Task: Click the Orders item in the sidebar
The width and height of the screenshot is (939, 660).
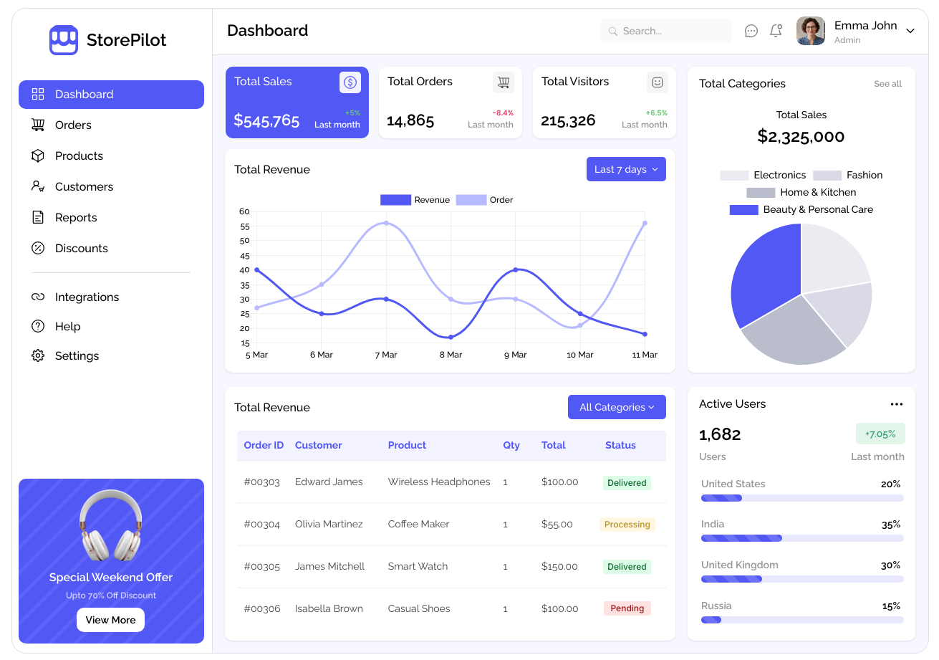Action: point(73,125)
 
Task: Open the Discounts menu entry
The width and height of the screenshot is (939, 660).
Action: point(82,248)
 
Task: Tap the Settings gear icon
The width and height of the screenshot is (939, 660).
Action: point(38,355)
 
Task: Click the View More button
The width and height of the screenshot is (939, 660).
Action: point(111,620)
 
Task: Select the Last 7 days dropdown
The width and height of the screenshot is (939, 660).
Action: point(626,169)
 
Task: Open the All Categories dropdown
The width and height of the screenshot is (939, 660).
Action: point(617,407)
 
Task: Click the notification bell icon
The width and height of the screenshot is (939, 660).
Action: point(776,31)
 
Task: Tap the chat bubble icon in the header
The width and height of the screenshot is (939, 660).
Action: point(751,31)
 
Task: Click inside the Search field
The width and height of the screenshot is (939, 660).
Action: point(665,31)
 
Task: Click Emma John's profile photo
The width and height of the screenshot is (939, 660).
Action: point(811,31)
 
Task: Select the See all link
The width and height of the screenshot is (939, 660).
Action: point(887,84)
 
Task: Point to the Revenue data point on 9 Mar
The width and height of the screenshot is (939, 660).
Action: point(516,270)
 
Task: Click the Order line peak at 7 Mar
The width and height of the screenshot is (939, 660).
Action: point(386,223)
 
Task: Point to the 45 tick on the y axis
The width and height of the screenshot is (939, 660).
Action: point(245,256)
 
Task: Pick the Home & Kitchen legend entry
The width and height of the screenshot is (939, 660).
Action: point(801,193)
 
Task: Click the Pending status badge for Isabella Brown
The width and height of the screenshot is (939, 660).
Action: point(627,608)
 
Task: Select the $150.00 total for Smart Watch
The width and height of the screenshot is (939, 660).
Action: point(559,567)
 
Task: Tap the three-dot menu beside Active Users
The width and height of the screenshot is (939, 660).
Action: point(896,404)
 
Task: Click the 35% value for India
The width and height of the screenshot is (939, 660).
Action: point(891,525)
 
